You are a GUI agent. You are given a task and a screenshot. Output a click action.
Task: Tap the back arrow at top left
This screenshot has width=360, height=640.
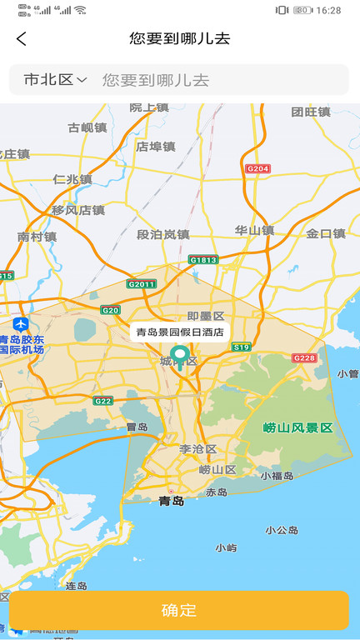22,38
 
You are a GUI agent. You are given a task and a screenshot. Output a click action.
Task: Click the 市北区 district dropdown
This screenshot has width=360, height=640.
55,80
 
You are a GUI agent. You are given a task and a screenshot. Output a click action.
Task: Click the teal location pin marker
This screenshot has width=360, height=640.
178,357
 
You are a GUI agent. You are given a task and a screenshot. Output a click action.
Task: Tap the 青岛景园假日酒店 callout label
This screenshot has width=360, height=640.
180,332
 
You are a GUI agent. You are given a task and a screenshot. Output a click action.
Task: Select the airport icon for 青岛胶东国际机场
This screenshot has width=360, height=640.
21,323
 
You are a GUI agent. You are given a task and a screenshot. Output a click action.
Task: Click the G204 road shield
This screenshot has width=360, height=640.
258,168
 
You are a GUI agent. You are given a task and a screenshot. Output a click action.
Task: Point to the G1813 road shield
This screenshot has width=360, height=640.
203,260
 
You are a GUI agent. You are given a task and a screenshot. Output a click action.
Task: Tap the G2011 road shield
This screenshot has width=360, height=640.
142,284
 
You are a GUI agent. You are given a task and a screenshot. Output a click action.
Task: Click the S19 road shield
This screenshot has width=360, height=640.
241,347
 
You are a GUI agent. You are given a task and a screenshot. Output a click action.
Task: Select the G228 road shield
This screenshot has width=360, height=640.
305,357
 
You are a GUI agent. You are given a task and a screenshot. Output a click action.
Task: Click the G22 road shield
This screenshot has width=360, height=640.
102,401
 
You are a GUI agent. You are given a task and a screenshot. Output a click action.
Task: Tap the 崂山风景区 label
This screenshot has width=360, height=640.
297,427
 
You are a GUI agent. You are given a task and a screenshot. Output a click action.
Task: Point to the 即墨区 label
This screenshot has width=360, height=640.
206,316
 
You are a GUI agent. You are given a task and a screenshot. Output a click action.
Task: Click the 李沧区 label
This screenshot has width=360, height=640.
197,448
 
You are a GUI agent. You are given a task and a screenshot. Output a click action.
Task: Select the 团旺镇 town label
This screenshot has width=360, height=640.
312,112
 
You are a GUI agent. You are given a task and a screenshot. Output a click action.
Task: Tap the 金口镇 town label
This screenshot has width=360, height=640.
325,233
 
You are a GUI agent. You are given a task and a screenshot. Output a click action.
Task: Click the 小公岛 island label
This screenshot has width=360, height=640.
282,529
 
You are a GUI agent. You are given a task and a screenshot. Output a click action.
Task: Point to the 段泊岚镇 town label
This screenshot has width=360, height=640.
163,234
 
